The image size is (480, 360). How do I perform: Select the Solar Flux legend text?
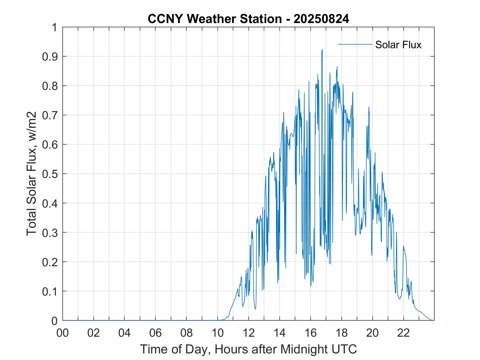398,45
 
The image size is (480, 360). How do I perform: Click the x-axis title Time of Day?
248,349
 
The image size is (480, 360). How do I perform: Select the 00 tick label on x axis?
63,333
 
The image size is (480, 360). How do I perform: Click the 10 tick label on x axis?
218,333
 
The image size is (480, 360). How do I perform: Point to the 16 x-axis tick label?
310,333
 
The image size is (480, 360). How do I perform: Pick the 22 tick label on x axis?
403,333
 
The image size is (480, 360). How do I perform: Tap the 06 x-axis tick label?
156,333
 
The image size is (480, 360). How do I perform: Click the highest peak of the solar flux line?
322,50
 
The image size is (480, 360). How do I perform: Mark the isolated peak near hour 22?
403,246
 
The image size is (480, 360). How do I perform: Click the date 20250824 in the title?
321,19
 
